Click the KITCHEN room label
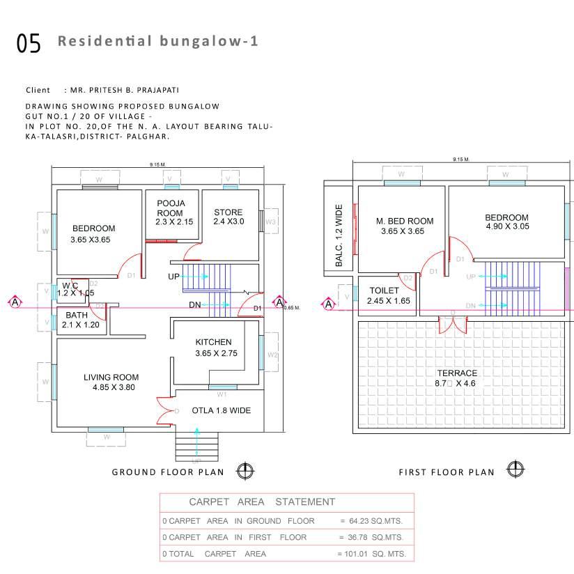213,342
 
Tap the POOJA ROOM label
170,208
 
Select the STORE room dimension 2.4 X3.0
228,222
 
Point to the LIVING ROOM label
111,378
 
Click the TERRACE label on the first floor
457,373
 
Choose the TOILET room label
385,290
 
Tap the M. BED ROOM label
405,222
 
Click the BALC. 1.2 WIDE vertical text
339,235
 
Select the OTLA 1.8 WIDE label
222,411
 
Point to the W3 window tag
272,222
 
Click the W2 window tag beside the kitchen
273,355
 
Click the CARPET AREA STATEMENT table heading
262,502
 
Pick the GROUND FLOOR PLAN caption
168,472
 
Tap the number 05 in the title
29,43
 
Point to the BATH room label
77,315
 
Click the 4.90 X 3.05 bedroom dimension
506,226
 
